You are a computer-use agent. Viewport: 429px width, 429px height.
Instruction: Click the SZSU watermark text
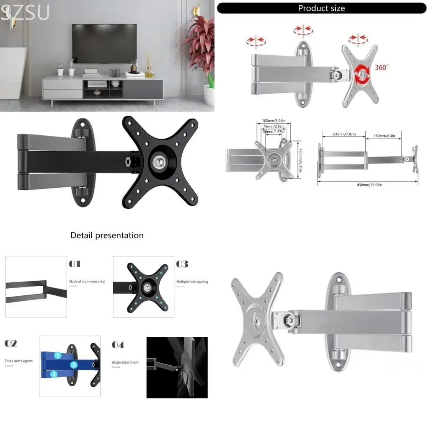25,13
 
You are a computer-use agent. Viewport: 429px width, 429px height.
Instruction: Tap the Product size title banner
321,8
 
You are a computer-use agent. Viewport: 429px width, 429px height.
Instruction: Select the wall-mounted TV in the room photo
104,43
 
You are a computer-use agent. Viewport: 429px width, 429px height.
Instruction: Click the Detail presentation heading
107,235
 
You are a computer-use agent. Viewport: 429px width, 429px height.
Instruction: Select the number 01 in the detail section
75,264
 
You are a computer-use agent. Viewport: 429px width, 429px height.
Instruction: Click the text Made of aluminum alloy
87,282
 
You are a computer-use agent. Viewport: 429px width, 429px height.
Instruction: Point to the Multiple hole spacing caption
192,282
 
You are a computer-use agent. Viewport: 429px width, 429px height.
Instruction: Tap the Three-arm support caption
18,361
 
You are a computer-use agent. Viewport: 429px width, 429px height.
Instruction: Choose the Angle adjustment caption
125,362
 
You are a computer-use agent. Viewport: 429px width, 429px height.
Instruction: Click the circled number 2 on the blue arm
74,365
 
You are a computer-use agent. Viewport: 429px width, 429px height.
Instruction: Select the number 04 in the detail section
118,345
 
